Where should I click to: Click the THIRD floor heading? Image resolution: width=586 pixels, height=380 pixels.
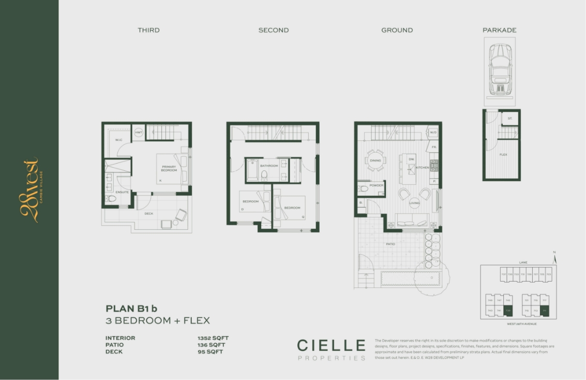pyautogui.click(x=148, y=30)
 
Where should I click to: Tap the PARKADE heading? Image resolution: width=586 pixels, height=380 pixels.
pyautogui.click(x=499, y=30)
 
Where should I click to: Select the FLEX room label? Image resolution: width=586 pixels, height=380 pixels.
pyautogui.click(x=503, y=155)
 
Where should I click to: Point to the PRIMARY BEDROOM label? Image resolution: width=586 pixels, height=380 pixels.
pyautogui.click(x=169, y=169)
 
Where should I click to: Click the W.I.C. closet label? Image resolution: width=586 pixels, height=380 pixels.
pyautogui.click(x=118, y=140)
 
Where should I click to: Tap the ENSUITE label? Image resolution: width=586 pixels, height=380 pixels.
pyautogui.click(x=123, y=192)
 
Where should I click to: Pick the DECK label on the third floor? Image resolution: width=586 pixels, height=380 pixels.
pyautogui.click(x=148, y=213)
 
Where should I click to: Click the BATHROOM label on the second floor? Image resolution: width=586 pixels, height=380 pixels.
pyautogui.click(x=269, y=166)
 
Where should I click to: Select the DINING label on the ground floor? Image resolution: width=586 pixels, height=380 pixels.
pyautogui.click(x=375, y=160)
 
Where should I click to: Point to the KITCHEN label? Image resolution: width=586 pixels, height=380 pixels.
pyautogui.click(x=423, y=168)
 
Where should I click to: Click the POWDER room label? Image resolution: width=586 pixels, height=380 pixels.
pyautogui.click(x=376, y=185)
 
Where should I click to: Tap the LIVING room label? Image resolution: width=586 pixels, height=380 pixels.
pyautogui.click(x=414, y=203)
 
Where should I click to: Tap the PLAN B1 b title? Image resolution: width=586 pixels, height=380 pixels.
pyautogui.click(x=131, y=309)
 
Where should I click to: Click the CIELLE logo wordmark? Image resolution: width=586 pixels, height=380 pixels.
pyautogui.click(x=331, y=345)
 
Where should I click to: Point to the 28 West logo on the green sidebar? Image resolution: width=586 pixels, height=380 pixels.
pyautogui.click(x=30, y=190)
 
